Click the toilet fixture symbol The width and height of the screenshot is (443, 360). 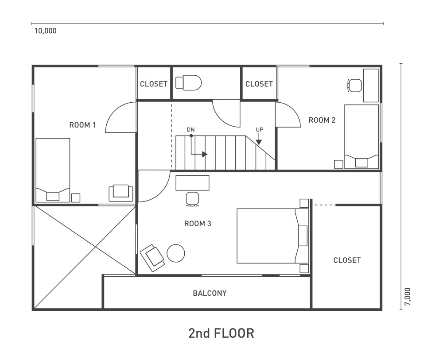(188, 83)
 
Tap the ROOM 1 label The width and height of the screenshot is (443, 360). (82, 125)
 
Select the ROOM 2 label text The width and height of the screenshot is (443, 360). (322, 120)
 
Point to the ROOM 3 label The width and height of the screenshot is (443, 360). (198, 224)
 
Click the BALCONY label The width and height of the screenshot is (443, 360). (210, 293)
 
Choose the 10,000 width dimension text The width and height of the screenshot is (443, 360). (46, 31)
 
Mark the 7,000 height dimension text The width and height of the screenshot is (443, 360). (408, 297)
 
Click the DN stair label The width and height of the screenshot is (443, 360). (190, 130)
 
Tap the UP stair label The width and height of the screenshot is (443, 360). (260, 130)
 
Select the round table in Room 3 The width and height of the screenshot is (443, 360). (176, 253)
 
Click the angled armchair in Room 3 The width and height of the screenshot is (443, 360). (152, 258)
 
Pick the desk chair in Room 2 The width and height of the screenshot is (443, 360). (354, 85)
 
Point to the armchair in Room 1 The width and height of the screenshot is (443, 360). (121, 193)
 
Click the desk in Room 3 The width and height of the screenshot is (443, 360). (192, 183)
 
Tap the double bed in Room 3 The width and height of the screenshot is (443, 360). (272, 236)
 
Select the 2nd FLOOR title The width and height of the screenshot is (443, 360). (221, 333)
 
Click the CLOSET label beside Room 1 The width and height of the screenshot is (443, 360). (154, 84)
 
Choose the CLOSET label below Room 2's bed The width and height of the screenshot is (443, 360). (347, 260)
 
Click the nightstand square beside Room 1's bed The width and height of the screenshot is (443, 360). (76, 197)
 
